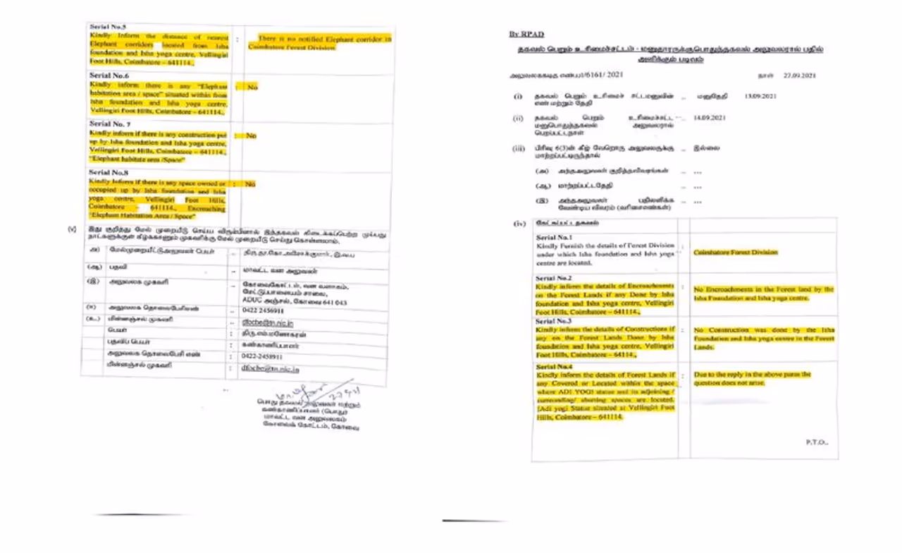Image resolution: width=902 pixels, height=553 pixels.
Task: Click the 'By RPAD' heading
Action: coord(526,34)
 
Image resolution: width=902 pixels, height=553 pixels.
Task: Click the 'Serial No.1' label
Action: coord(555,238)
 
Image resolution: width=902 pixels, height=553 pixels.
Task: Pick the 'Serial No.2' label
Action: coord(554,279)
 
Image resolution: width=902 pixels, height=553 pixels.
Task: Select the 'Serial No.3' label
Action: coord(554,321)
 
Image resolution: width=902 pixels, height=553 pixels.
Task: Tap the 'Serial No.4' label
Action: coord(555,367)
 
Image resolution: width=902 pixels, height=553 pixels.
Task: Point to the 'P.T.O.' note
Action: coord(817,442)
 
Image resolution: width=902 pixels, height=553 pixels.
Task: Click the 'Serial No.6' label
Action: coord(109,75)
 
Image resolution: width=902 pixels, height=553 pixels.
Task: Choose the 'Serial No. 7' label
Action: coord(109,123)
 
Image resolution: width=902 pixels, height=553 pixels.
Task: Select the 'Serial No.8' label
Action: coord(109,172)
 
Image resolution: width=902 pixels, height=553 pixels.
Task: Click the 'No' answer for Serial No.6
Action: coord(251,87)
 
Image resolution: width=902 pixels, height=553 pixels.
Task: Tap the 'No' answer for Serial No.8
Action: coord(249,184)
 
